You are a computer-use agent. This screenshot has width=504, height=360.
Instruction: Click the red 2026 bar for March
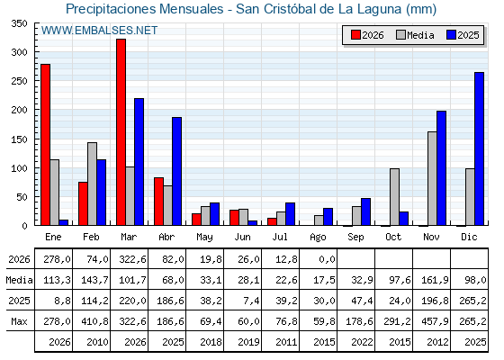pos(121,132)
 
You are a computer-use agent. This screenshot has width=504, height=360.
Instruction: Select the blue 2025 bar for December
pos(479,148)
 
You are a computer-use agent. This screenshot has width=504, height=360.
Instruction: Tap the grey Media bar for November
pos(432,178)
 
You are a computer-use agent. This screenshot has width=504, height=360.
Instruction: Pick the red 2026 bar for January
pos(46,145)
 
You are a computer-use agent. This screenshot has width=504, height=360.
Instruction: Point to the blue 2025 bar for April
pos(176,171)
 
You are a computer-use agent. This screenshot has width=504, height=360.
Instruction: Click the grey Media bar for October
pos(394,197)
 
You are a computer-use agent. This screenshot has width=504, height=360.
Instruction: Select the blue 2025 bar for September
pos(365,211)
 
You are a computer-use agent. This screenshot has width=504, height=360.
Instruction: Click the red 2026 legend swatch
pos(355,35)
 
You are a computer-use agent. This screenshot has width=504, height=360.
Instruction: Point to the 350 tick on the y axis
pos(19,23)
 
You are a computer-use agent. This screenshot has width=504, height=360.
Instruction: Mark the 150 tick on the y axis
pos(19,139)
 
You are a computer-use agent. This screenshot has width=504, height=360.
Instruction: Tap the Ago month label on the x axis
pos(318,238)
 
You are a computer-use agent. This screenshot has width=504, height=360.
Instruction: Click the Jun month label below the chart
pos(242,237)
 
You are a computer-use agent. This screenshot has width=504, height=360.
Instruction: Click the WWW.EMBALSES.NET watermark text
pos(99,31)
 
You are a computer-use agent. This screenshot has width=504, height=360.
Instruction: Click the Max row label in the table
pos(19,321)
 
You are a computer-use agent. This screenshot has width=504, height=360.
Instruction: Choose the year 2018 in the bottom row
pos(211,342)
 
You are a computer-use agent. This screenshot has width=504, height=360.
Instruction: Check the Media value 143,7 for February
pos(97,280)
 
